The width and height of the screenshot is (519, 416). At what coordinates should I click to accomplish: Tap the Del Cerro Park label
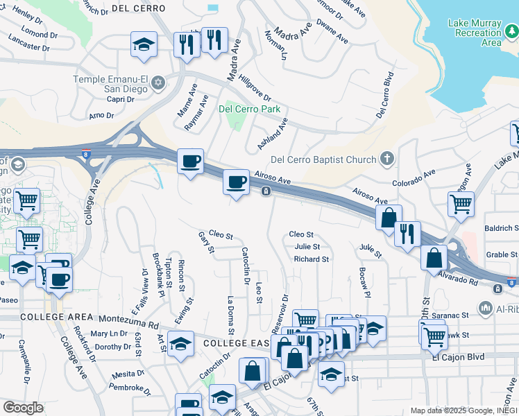[x=249, y=109]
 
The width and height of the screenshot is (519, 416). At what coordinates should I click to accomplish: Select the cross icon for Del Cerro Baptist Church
[x=388, y=159]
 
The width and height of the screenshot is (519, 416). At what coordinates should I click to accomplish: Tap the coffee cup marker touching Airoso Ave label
[x=236, y=182]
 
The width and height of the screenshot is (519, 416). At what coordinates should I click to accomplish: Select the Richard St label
[x=311, y=259]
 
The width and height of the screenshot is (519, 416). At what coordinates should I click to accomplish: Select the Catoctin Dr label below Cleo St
[x=245, y=266]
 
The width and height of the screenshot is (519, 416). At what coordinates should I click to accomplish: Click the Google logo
[x=23, y=408]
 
